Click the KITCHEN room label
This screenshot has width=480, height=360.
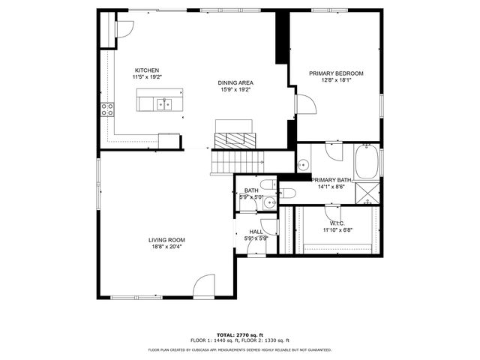click(146, 70)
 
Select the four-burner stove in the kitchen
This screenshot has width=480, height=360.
click(106, 111)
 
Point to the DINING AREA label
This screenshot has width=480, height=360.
click(235, 82)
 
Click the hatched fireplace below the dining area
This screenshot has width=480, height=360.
click(235, 139)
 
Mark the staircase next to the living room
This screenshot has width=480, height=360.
click(236, 160)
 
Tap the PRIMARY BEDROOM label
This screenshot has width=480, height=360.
click(336, 73)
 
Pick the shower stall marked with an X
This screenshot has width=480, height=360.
click(367, 193)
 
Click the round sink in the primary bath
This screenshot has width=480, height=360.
click(304, 165)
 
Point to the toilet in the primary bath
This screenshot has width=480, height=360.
click(288, 193)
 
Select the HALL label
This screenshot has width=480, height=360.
click(256, 232)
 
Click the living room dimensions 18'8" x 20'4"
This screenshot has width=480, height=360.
click(166, 246)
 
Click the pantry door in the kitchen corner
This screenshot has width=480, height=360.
click(121, 29)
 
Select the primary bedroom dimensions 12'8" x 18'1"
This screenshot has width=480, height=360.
click(336, 80)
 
